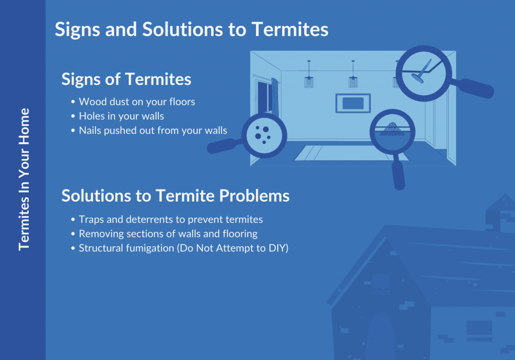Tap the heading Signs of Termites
126,79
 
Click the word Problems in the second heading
254,196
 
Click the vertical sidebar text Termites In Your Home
24,179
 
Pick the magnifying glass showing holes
247,136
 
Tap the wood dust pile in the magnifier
392,128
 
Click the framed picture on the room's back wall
353,103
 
